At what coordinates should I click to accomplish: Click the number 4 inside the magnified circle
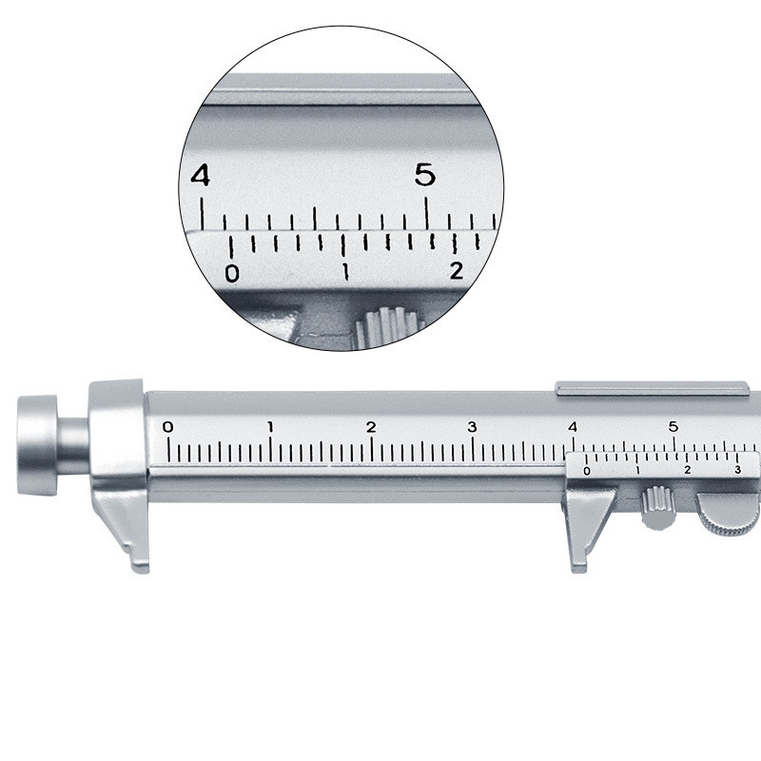pos(200,176)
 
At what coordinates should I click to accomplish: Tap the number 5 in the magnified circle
pos(425,175)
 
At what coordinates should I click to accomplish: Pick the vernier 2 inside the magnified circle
pos(457,271)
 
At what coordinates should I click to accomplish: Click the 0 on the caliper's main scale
pos(168,426)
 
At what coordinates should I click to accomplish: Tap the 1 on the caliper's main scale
pos(270,426)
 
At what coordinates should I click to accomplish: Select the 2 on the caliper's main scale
pos(371,426)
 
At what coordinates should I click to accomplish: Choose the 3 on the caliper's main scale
pos(472,426)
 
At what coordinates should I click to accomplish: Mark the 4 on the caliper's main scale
pos(573,426)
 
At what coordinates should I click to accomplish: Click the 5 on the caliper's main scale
pos(673,426)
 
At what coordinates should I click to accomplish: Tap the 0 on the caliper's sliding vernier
pos(587,471)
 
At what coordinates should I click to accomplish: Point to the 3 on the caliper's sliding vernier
pos(737,470)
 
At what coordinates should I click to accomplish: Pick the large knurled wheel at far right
pos(731,513)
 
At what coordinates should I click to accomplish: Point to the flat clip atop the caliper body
pos(652,388)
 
